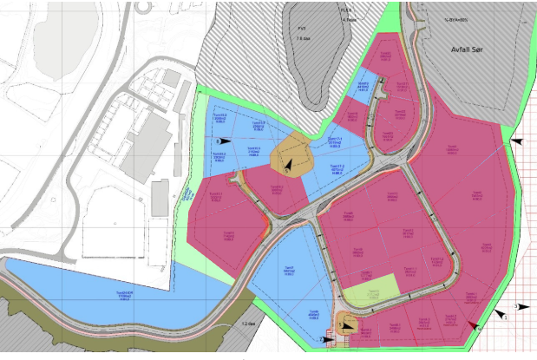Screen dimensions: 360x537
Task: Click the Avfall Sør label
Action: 474,51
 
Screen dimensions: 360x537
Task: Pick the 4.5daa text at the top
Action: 350,18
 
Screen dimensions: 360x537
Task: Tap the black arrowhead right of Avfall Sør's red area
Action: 518,140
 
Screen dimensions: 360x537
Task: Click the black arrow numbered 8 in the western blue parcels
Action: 224,140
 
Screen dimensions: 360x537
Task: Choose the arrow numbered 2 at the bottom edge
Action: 326,339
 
